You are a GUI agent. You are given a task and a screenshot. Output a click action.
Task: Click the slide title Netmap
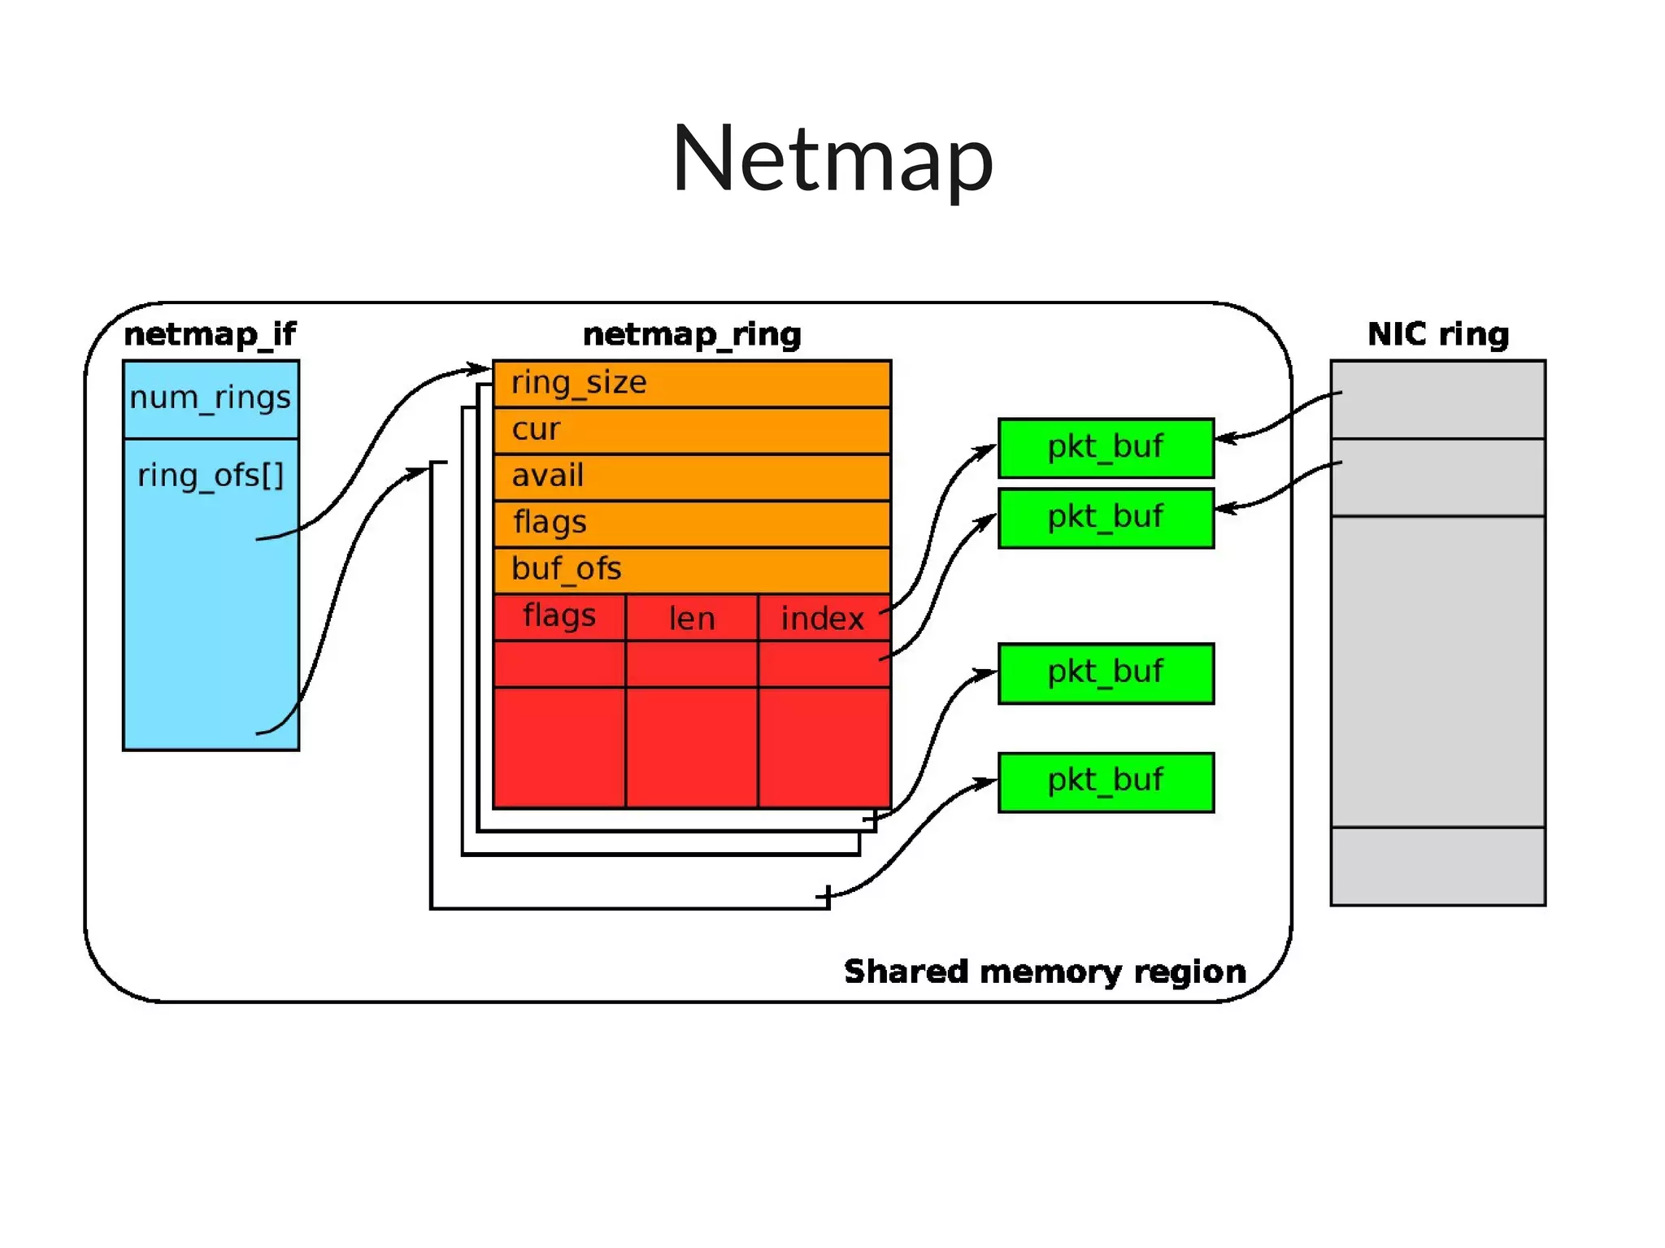coord(832,159)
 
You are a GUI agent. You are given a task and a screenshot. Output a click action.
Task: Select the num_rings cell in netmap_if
coord(211,398)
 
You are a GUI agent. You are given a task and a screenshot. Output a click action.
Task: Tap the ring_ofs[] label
coord(211,475)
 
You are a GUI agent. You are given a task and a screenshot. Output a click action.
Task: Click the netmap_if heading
coord(210,334)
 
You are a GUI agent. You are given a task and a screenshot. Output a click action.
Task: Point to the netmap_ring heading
coord(692,334)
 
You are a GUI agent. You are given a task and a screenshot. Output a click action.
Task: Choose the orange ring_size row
coord(691,384)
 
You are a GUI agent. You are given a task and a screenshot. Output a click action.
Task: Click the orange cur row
coord(691,430)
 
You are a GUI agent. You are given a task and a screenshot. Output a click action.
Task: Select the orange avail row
coord(691,476)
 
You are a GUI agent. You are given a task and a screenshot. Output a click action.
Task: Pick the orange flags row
coord(691,523)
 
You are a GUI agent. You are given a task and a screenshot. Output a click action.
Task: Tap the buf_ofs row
coord(691,569)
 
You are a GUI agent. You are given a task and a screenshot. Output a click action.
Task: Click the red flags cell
coord(559,616)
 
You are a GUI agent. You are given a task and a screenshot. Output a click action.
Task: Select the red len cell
coord(692,618)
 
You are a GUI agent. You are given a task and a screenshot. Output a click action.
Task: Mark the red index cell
coord(822,618)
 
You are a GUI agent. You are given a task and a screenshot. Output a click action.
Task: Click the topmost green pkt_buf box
coord(1106,447)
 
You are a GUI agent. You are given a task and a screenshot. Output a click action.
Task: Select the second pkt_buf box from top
coord(1106,518)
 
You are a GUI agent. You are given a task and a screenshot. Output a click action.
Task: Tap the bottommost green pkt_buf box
coord(1106,781)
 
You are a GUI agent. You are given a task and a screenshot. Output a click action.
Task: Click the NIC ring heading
coord(1437,334)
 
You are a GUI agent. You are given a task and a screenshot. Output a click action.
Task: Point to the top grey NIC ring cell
coord(1437,399)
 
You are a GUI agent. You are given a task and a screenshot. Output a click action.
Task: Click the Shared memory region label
coord(1045,972)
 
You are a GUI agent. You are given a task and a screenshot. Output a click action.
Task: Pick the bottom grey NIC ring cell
coord(1437,866)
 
